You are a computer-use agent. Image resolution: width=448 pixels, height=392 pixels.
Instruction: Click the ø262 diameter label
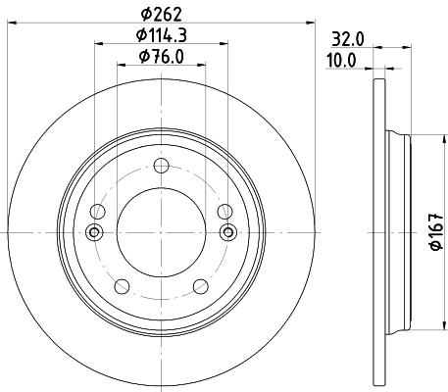click(163, 13)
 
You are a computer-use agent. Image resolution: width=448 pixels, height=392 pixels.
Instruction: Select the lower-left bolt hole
click(122, 285)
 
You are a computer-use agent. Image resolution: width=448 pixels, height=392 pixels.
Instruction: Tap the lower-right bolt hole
click(202, 285)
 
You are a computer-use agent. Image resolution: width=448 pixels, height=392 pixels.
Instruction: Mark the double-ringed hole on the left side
click(95, 232)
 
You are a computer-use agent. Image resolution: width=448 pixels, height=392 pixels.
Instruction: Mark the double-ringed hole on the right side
click(229, 232)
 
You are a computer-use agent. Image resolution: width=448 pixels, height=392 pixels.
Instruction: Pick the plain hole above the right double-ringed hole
click(225, 210)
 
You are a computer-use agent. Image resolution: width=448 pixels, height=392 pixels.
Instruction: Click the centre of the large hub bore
click(162, 232)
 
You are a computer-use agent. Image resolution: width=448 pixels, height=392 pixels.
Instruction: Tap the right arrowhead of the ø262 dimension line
click(314, 22)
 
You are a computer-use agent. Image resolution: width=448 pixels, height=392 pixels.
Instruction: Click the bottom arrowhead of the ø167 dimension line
click(424, 328)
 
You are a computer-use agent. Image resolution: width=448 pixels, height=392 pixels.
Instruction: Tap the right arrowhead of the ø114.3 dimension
click(224, 42)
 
